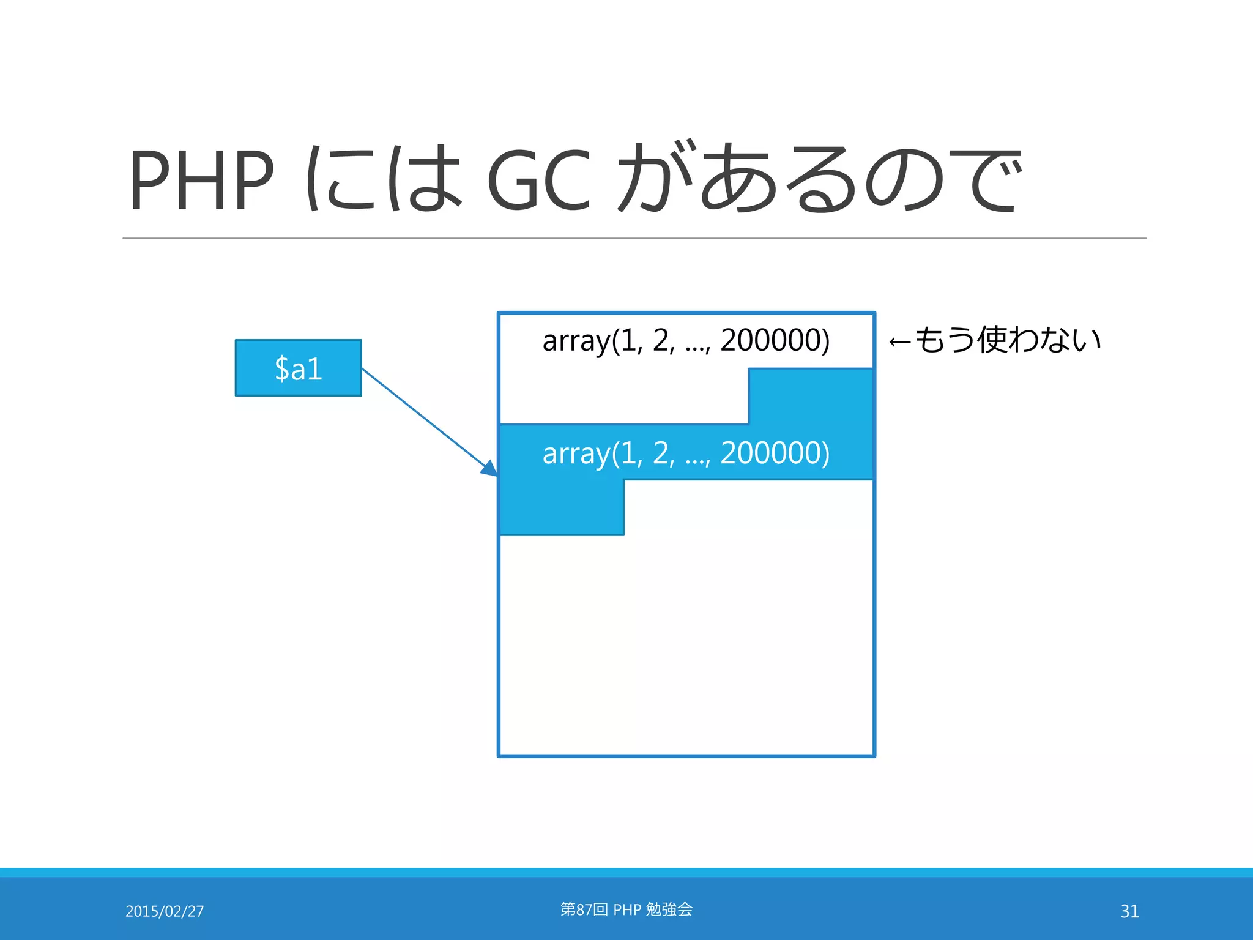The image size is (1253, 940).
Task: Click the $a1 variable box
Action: click(x=298, y=368)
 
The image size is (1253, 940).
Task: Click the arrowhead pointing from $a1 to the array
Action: click(x=490, y=469)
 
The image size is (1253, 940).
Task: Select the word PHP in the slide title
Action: click(x=201, y=180)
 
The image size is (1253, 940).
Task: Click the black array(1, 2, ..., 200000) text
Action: click(x=685, y=340)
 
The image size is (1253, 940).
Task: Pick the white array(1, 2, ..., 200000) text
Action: click(x=685, y=453)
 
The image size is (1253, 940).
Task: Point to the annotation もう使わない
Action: click(x=1007, y=340)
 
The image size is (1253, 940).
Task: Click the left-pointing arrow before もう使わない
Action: click(x=900, y=342)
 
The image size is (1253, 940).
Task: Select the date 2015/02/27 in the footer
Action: click(x=165, y=911)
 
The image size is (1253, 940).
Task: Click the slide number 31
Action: click(x=1129, y=911)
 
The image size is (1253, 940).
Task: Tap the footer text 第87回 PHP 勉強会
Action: click(x=626, y=909)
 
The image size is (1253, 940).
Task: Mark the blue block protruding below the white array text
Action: click(x=562, y=507)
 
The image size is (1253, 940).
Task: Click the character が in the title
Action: click(x=655, y=179)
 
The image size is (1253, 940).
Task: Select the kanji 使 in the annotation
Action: click(x=992, y=340)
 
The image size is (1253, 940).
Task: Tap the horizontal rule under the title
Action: click(x=634, y=238)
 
